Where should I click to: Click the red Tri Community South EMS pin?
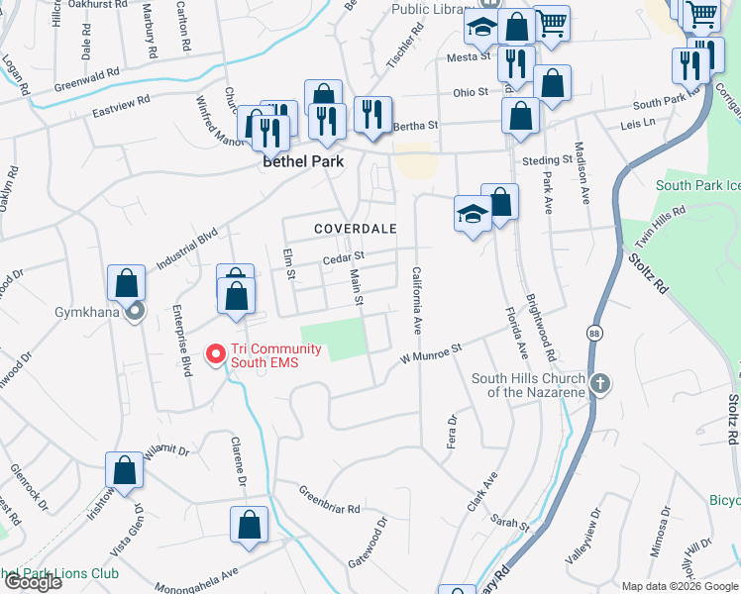coord(214,353)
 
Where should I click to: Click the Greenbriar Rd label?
coord(329,500)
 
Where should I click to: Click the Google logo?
coord(32,581)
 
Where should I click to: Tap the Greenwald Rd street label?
coord(86,78)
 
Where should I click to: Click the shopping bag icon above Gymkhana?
coord(127,283)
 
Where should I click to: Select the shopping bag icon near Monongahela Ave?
coord(249,524)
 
